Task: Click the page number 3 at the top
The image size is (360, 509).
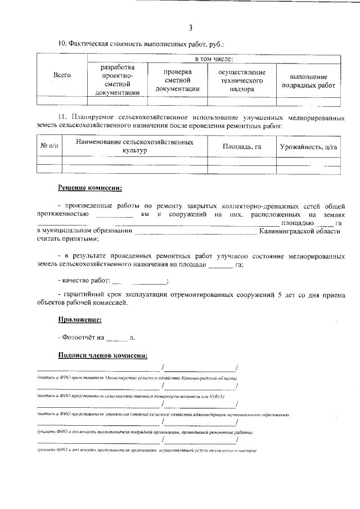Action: pos(190,28)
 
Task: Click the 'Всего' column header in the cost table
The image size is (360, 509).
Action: pos(62,75)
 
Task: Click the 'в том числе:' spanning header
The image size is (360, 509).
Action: pos(214,58)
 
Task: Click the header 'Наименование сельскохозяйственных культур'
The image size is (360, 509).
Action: pos(134,147)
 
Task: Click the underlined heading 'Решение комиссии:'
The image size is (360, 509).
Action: pos(89,187)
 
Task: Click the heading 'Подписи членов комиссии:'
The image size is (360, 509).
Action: pos(103,355)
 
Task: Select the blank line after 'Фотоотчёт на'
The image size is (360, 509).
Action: pos(117,339)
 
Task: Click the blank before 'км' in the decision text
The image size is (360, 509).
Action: pos(115,215)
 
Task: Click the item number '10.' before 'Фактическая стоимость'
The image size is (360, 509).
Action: pos(63,43)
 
